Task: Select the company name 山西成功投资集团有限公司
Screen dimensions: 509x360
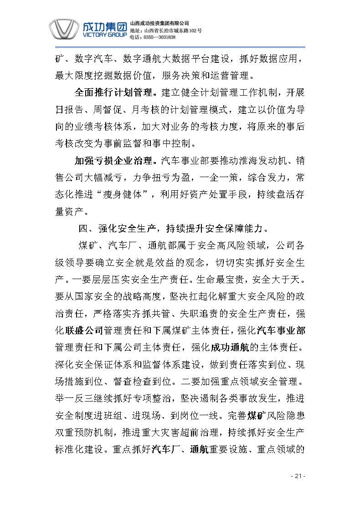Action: pos(159,23)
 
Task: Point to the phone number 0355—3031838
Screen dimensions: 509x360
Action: pos(159,37)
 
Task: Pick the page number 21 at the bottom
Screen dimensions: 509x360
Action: pos(298,476)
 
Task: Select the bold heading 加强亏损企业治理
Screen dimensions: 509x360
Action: pos(113,161)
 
